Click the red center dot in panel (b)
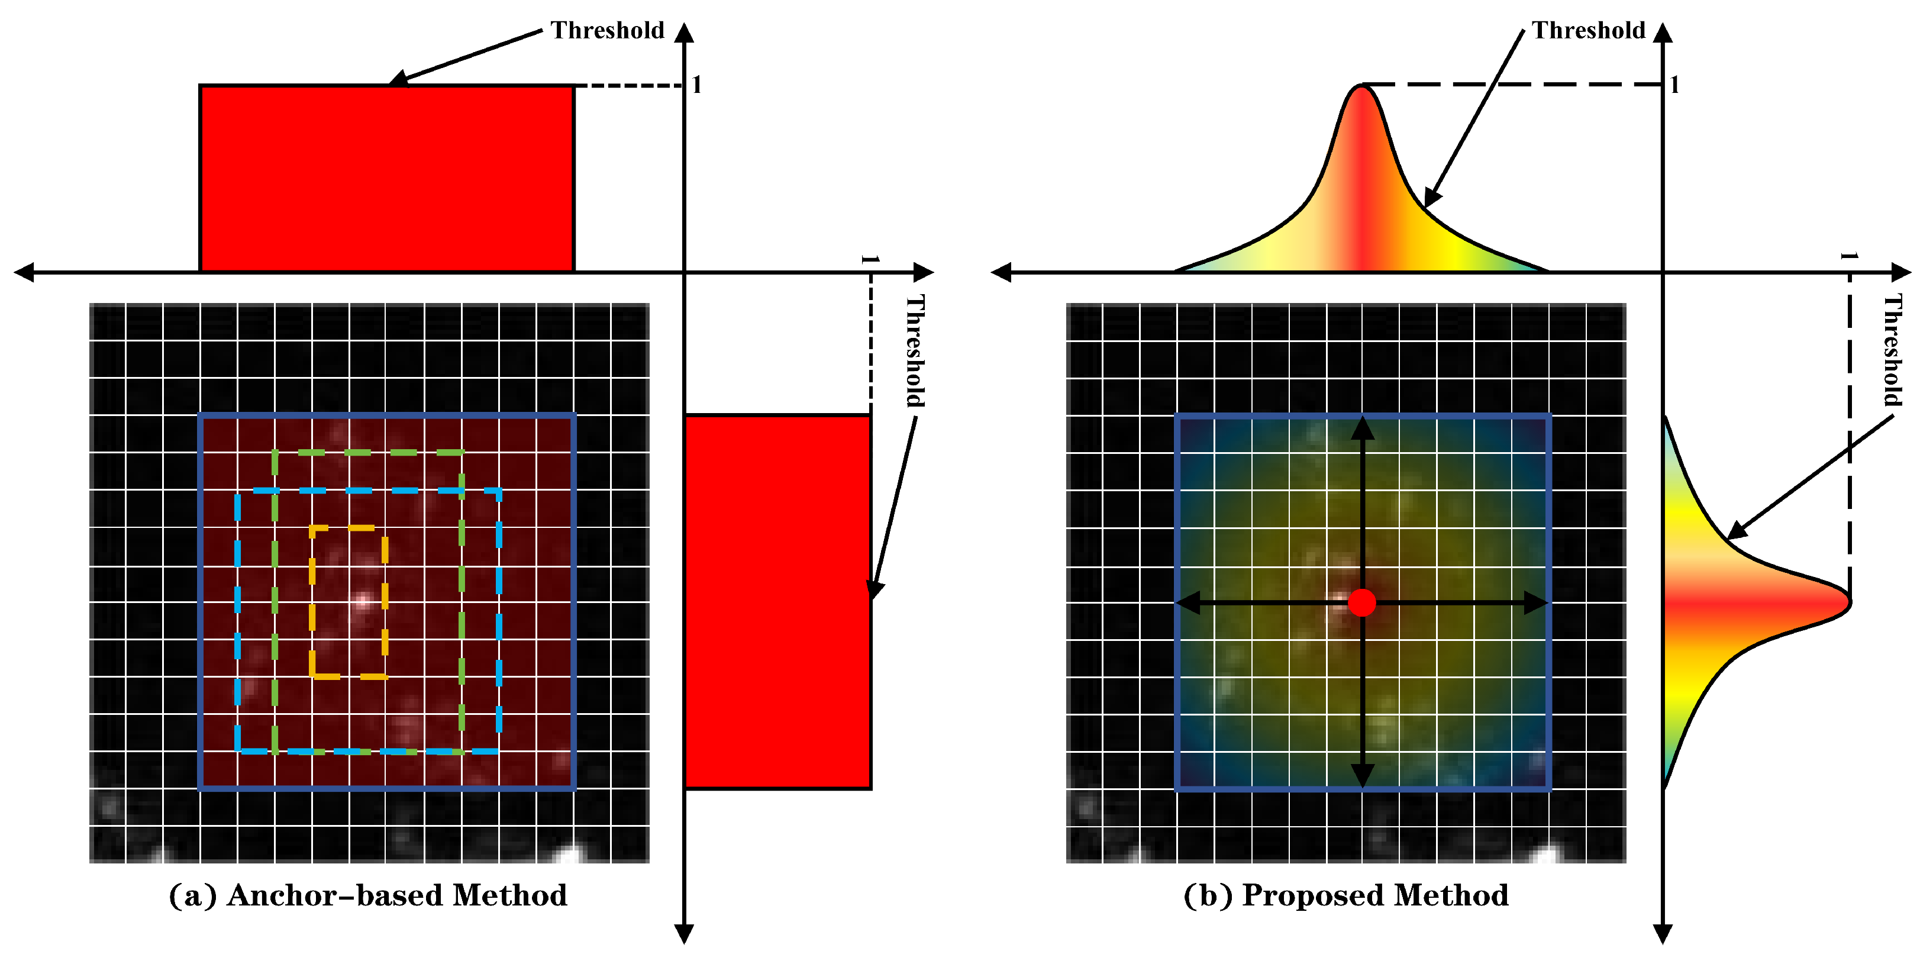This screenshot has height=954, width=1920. coord(1361,602)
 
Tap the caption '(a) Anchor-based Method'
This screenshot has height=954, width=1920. coord(368,895)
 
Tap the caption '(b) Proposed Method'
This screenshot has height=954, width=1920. coord(1345,895)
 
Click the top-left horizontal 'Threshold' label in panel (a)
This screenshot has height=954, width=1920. coord(606,31)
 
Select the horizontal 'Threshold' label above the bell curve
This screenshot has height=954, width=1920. coord(1588,31)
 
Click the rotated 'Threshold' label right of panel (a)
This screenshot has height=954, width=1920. coord(915,350)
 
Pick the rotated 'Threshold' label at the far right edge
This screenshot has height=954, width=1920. coord(1893,350)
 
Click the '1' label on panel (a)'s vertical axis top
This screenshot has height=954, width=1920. coord(697,85)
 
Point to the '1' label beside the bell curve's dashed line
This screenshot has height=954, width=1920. coord(1674,85)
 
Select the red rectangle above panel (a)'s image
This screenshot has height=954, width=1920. coord(387,179)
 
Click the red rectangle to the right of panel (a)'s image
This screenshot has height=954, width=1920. coord(777,601)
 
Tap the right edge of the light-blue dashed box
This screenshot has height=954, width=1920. coord(499,618)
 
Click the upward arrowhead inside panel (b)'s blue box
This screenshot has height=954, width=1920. coord(1363,428)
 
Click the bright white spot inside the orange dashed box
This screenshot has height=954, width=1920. coord(363,601)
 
